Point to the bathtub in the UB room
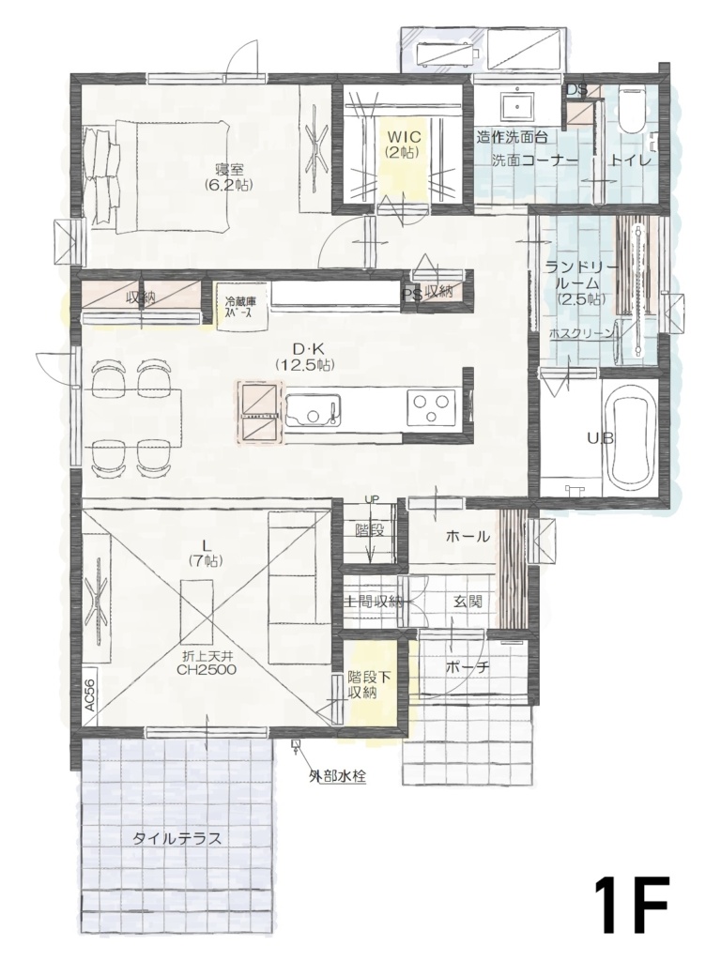[x=631, y=439]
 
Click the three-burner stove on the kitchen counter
[x=429, y=407]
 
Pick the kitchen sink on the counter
[x=313, y=409]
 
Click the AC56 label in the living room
[x=89, y=694]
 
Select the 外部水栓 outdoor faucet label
[x=337, y=776]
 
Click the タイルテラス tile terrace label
[x=177, y=838]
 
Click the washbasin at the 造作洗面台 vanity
[x=518, y=105]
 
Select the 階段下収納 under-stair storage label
[x=363, y=685]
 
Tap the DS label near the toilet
[x=576, y=90]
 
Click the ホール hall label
[x=468, y=536]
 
